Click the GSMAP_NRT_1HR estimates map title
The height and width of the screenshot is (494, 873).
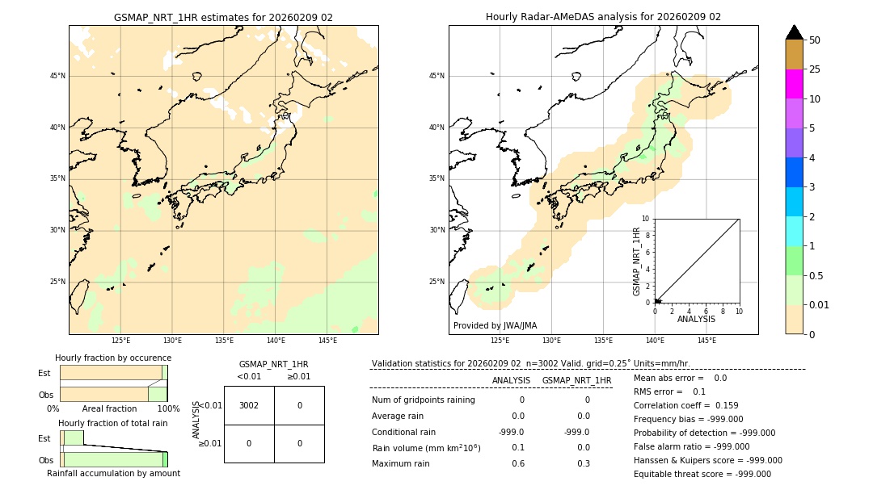[223, 17]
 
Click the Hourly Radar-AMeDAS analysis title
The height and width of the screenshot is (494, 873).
[603, 17]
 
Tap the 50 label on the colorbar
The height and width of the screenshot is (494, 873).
[815, 40]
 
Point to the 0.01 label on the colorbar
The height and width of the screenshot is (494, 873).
[820, 305]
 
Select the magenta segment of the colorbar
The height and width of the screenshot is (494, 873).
[794, 84]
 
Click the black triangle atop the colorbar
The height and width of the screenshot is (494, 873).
[794, 32]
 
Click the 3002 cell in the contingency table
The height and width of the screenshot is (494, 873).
[249, 405]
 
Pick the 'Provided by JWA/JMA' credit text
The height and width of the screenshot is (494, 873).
[495, 326]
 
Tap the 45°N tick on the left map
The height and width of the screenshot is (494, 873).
[57, 76]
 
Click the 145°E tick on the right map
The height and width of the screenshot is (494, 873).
[706, 341]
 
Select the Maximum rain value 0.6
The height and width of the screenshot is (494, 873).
[517, 463]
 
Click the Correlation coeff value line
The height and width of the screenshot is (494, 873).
[685, 405]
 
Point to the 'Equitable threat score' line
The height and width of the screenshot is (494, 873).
[702, 474]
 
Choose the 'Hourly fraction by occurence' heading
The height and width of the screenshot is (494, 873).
[113, 358]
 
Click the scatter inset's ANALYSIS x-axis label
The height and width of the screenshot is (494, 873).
[696, 319]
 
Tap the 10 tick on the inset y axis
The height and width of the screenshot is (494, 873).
[646, 219]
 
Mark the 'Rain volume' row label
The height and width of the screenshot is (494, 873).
[426, 448]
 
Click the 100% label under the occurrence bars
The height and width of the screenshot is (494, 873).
[168, 409]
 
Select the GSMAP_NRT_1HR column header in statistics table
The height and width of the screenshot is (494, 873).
[576, 380]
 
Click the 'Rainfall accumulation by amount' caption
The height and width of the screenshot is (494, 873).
[113, 474]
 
